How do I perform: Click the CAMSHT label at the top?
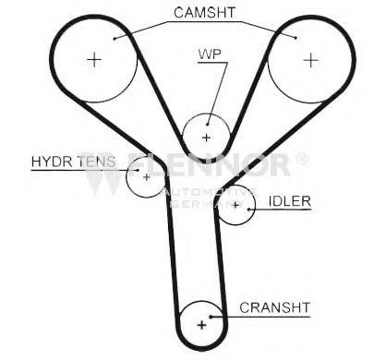point(204,13)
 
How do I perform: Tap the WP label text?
point(210,54)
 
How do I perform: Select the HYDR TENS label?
point(74,162)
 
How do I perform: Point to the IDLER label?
point(290,201)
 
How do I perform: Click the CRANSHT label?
point(275,307)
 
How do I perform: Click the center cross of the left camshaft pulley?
point(94,60)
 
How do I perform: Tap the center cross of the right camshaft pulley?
point(311,60)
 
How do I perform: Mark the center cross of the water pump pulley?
point(206,138)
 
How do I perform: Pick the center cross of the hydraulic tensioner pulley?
point(147,177)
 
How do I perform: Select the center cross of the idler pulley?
point(235,205)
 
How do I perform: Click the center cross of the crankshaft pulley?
point(202,325)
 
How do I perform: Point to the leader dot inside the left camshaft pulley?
point(115,39)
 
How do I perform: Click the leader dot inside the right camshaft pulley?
point(296,38)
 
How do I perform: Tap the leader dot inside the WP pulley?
point(208,125)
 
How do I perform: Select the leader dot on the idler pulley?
point(248,210)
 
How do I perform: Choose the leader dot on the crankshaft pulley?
point(211,317)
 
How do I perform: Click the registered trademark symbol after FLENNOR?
point(302,159)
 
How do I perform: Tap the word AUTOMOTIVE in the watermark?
point(210,192)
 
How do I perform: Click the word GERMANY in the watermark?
point(207,204)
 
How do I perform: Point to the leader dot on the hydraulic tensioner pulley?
point(138,170)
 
